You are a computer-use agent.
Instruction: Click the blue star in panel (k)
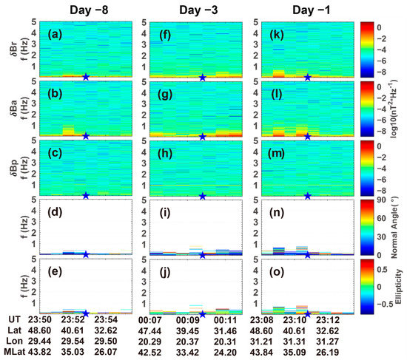[x=308, y=77]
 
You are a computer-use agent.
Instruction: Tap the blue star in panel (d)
[x=86, y=254]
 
